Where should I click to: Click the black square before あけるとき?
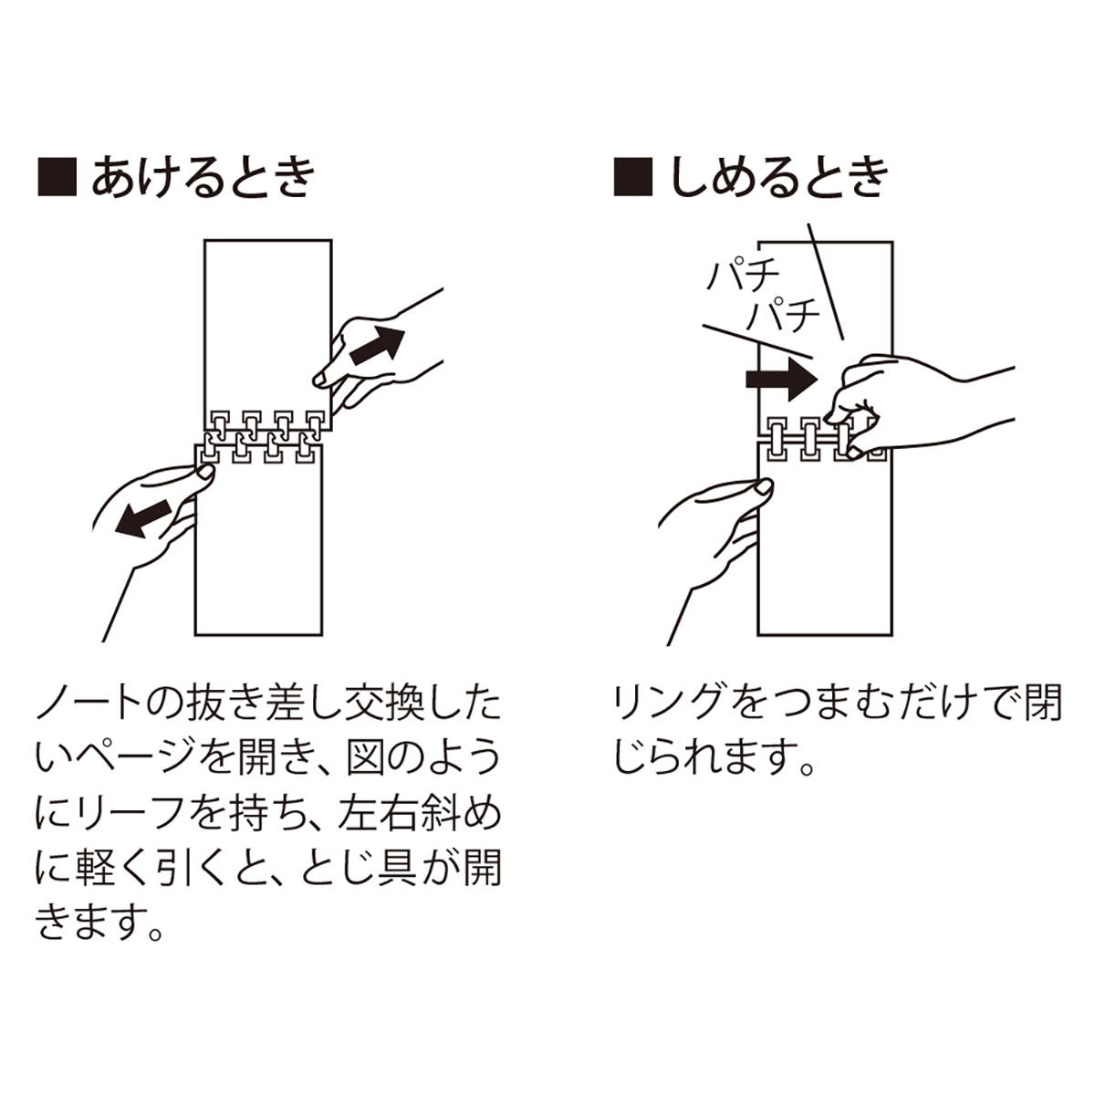(57, 176)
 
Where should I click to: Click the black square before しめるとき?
(633, 176)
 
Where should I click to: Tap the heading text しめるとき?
(779, 176)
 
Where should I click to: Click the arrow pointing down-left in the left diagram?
(145, 516)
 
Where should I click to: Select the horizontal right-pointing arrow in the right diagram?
(778, 379)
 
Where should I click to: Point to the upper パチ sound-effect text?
(741, 275)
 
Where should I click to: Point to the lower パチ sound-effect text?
(783, 316)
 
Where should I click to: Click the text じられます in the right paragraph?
(699, 759)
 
